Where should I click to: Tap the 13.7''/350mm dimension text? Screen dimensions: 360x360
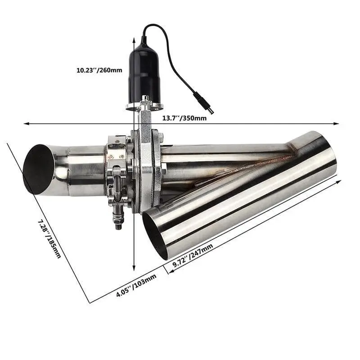point(184,118)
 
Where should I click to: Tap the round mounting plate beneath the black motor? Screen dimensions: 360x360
point(144,106)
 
